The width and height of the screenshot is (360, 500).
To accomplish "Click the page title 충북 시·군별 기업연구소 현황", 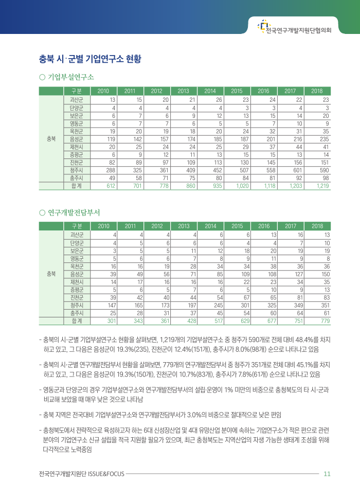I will pyautogui.click(x=90, y=58).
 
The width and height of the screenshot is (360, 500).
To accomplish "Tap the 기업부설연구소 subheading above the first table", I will pyautogui.click(x=71, y=77).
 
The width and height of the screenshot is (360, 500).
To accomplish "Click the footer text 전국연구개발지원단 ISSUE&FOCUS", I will pyautogui.click(x=81, y=474).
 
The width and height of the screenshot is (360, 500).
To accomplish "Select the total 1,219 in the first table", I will pyautogui.click(x=322, y=186).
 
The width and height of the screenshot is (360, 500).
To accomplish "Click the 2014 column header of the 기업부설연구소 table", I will pyautogui.click(x=210, y=91).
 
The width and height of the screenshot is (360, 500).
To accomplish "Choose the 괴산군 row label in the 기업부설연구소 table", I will pyautogui.click(x=77, y=99).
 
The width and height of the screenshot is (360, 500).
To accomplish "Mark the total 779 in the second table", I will pyautogui.click(x=325, y=321).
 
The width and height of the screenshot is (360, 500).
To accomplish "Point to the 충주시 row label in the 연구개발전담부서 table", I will pyautogui.click(x=77, y=313).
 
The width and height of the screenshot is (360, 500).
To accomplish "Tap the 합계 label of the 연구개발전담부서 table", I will pyautogui.click(x=77, y=321).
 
